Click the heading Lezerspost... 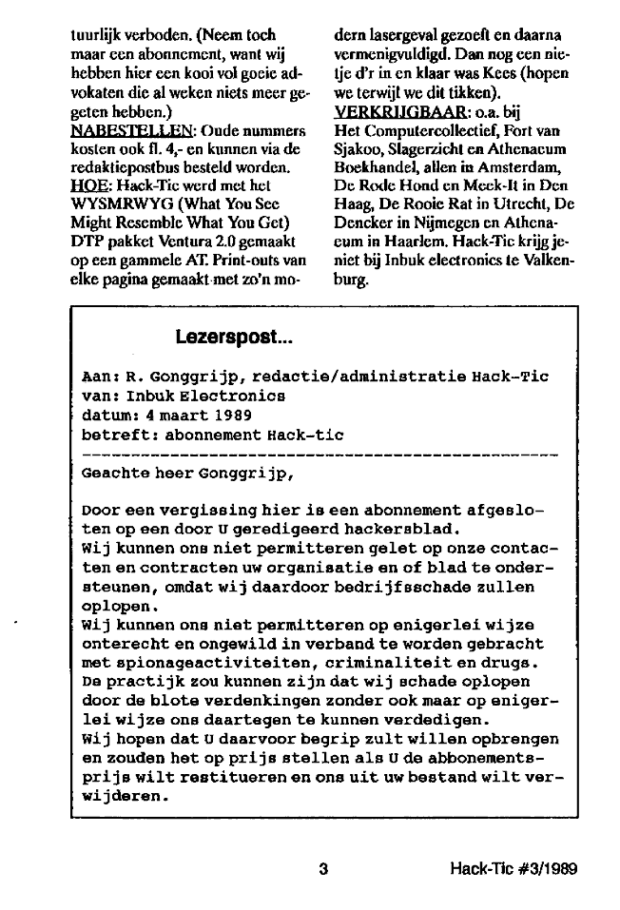pyautogui.click(x=234, y=337)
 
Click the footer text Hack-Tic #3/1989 pyautogui.click(x=514, y=868)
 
